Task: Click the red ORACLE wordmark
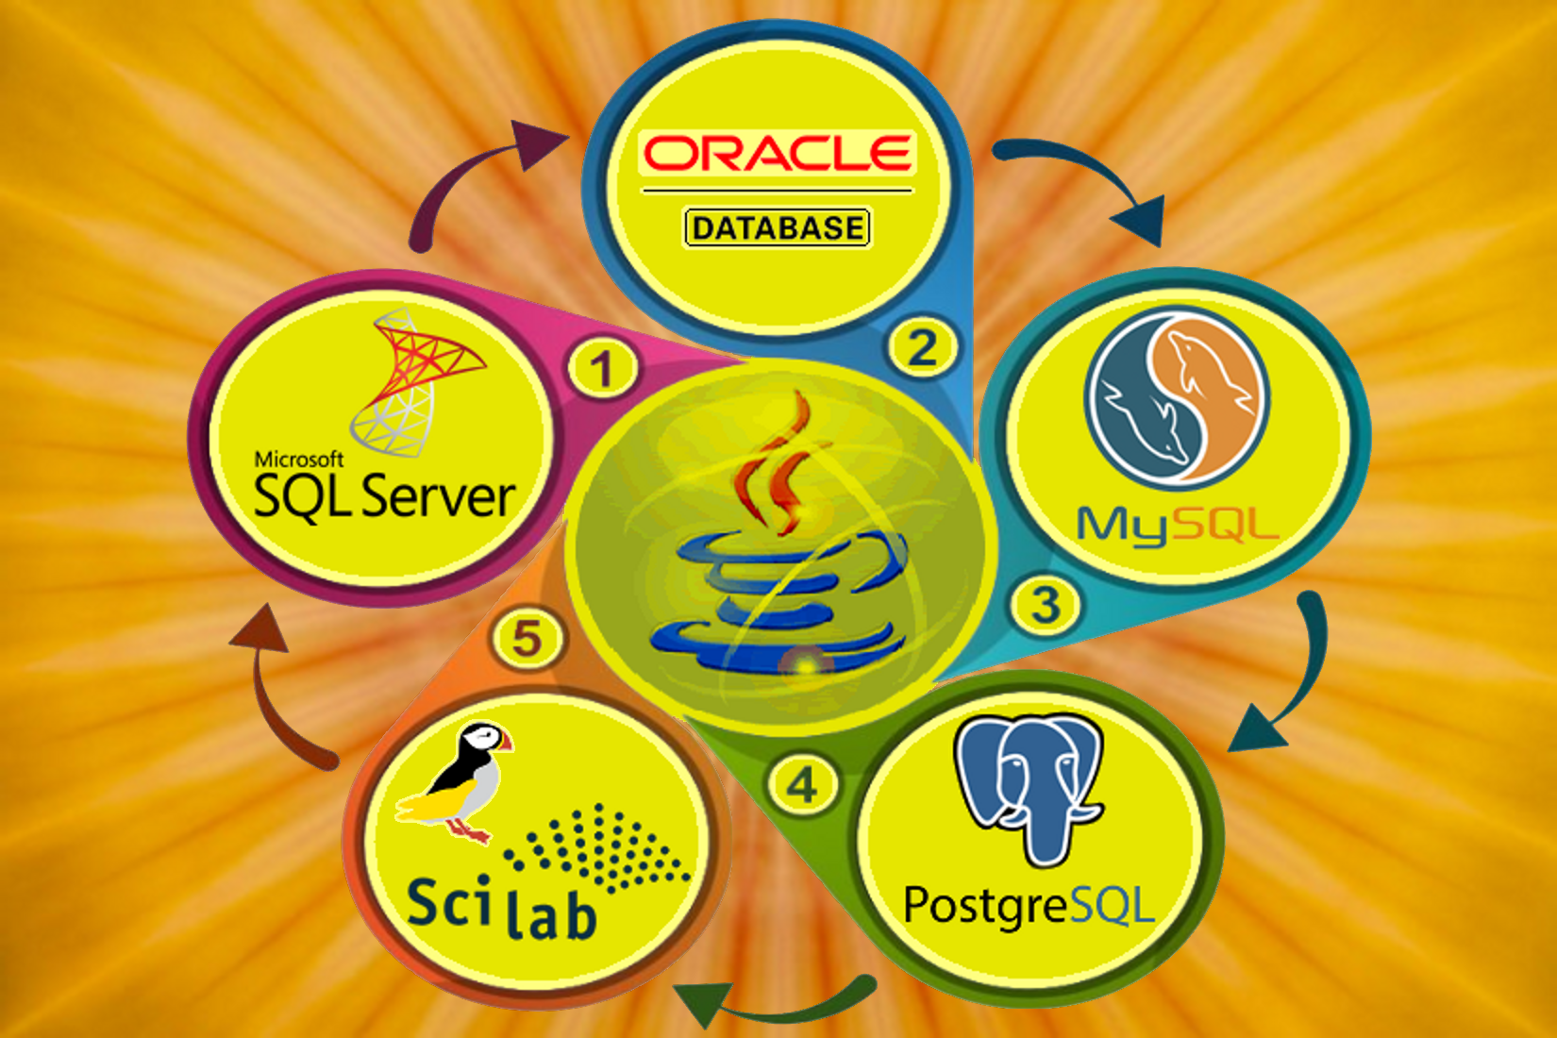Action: pos(777,153)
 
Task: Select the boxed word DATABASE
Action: pos(777,227)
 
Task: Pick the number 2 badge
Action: pos(922,347)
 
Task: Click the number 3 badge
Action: pos(1046,605)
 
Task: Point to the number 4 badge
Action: pos(803,785)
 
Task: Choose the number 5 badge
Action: pos(527,638)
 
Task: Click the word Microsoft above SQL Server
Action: pos(298,460)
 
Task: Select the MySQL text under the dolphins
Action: pos(1178,525)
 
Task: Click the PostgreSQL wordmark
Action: pos(1029,907)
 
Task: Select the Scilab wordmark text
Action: pos(501,908)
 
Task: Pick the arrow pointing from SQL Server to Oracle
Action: pos(472,179)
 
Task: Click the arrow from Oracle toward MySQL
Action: pos(1085,179)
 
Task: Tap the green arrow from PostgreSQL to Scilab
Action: pos(774,1005)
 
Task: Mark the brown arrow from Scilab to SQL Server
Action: pos(278,689)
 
